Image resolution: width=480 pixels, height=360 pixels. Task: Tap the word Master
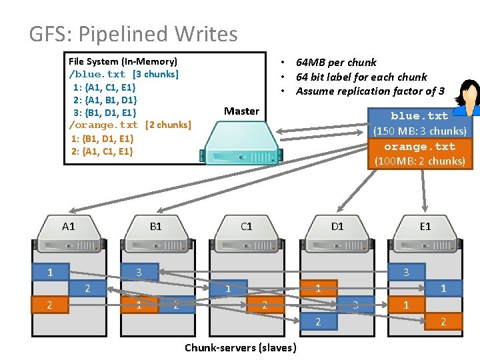(x=241, y=111)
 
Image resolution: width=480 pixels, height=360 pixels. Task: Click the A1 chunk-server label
(x=69, y=227)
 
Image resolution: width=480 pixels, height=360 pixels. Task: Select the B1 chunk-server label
(x=155, y=227)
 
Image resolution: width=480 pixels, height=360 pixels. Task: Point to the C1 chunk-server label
(x=247, y=227)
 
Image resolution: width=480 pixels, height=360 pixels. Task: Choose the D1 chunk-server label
(x=337, y=227)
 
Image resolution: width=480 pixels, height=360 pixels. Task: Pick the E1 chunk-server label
(x=425, y=227)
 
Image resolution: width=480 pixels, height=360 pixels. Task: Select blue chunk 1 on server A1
(x=51, y=272)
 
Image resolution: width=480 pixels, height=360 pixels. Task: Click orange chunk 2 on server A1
(x=51, y=305)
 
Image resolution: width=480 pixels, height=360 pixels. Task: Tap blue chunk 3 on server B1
(x=139, y=272)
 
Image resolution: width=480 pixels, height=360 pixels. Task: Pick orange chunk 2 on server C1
(x=265, y=305)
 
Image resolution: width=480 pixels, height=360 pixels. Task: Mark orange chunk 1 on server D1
(x=318, y=288)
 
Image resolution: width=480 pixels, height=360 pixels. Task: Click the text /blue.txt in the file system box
(x=97, y=74)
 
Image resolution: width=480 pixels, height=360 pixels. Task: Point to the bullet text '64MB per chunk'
(x=336, y=62)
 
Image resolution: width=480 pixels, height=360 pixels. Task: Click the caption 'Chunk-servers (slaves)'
(x=241, y=347)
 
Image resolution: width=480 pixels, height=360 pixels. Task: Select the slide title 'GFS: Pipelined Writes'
(x=133, y=33)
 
